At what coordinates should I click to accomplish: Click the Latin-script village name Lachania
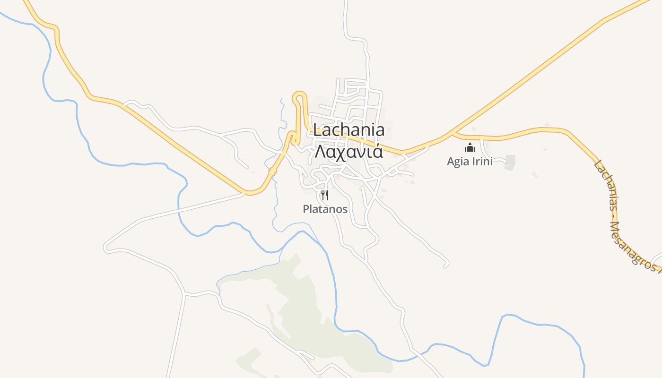click(348, 130)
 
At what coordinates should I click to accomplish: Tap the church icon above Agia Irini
click(470, 147)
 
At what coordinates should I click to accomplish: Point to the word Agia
click(458, 162)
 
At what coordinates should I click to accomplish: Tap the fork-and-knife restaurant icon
click(325, 195)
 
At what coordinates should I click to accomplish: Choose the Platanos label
click(325, 209)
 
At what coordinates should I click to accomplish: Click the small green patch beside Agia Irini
click(510, 162)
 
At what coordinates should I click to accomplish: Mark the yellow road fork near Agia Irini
click(453, 134)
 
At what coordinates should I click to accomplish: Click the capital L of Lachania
click(318, 130)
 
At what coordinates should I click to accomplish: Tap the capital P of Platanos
click(306, 209)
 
